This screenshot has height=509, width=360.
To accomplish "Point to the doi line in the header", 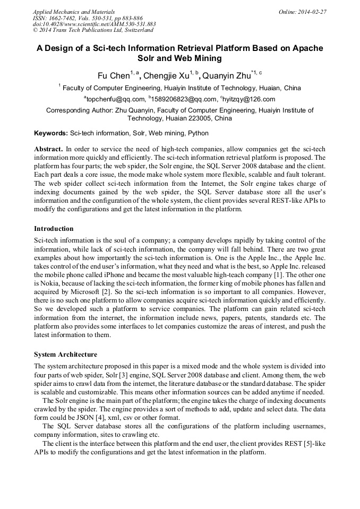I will (95, 24).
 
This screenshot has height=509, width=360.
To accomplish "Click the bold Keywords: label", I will (51, 133).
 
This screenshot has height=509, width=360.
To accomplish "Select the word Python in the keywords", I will (198, 133).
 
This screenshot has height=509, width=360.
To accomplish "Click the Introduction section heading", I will (54, 229).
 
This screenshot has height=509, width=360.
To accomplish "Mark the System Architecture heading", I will (65, 354).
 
